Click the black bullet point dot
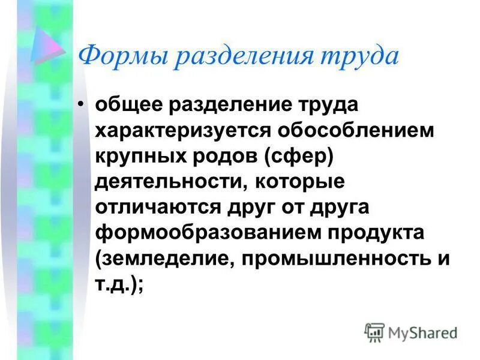[82, 106]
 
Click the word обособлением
[349, 132]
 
